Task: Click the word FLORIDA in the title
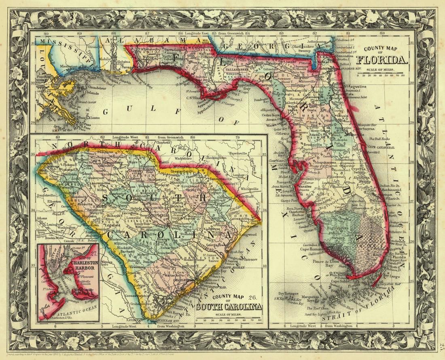[x=382, y=61]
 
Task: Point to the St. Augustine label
[x=356, y=87]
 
